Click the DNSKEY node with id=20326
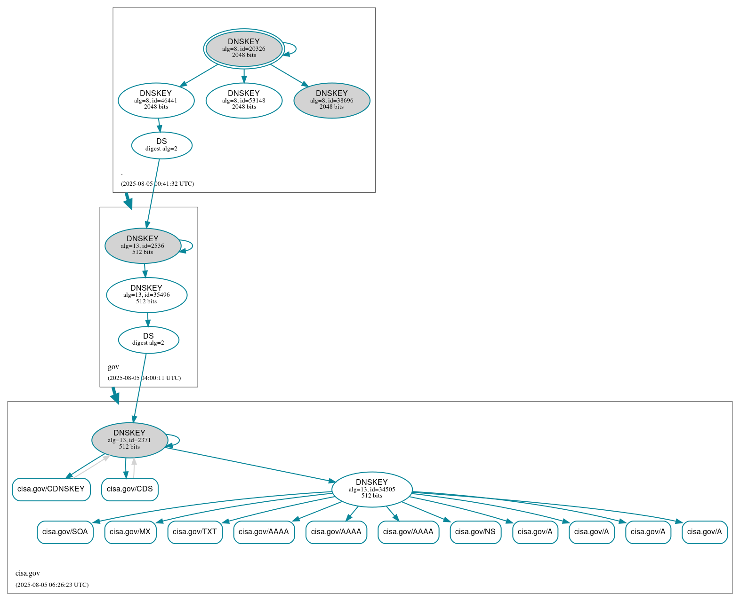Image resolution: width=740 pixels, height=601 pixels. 244,48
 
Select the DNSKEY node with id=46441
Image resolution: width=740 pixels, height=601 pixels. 156,100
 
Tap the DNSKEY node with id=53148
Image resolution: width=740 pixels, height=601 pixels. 244,100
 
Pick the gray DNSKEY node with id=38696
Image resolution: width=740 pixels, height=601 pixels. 331,100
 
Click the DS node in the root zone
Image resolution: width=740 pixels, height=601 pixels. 161,145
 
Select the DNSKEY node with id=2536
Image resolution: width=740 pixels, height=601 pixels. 143,245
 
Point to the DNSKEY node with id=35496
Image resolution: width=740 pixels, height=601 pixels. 146,295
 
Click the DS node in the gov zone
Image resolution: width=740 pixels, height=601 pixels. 148,340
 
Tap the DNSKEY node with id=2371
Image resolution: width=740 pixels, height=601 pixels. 129,440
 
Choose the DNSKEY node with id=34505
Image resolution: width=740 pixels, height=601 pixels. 372,489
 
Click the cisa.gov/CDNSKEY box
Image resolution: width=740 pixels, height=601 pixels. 51,489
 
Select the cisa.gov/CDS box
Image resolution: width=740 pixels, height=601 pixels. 129,489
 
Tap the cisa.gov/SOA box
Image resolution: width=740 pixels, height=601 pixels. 65,532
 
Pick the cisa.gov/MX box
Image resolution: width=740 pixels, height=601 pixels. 130,532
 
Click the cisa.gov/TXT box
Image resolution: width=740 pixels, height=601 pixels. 195,532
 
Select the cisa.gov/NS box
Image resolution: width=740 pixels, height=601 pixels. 475,532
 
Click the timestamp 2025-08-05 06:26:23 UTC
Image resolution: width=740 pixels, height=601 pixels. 52,585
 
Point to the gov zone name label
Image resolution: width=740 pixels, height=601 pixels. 113,367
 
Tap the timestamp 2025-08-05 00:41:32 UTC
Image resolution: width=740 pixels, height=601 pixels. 157,184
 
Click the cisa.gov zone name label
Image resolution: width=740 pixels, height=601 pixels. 28,573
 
